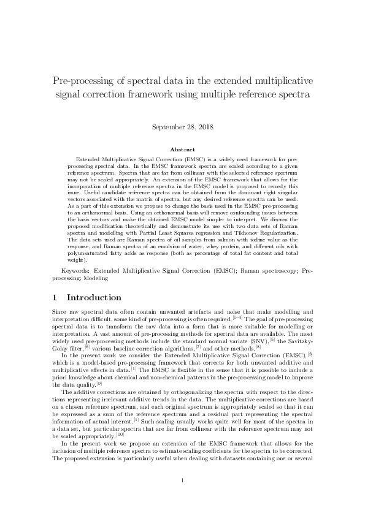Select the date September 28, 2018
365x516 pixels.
(182, 127)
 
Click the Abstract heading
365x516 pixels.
(182, 150)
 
